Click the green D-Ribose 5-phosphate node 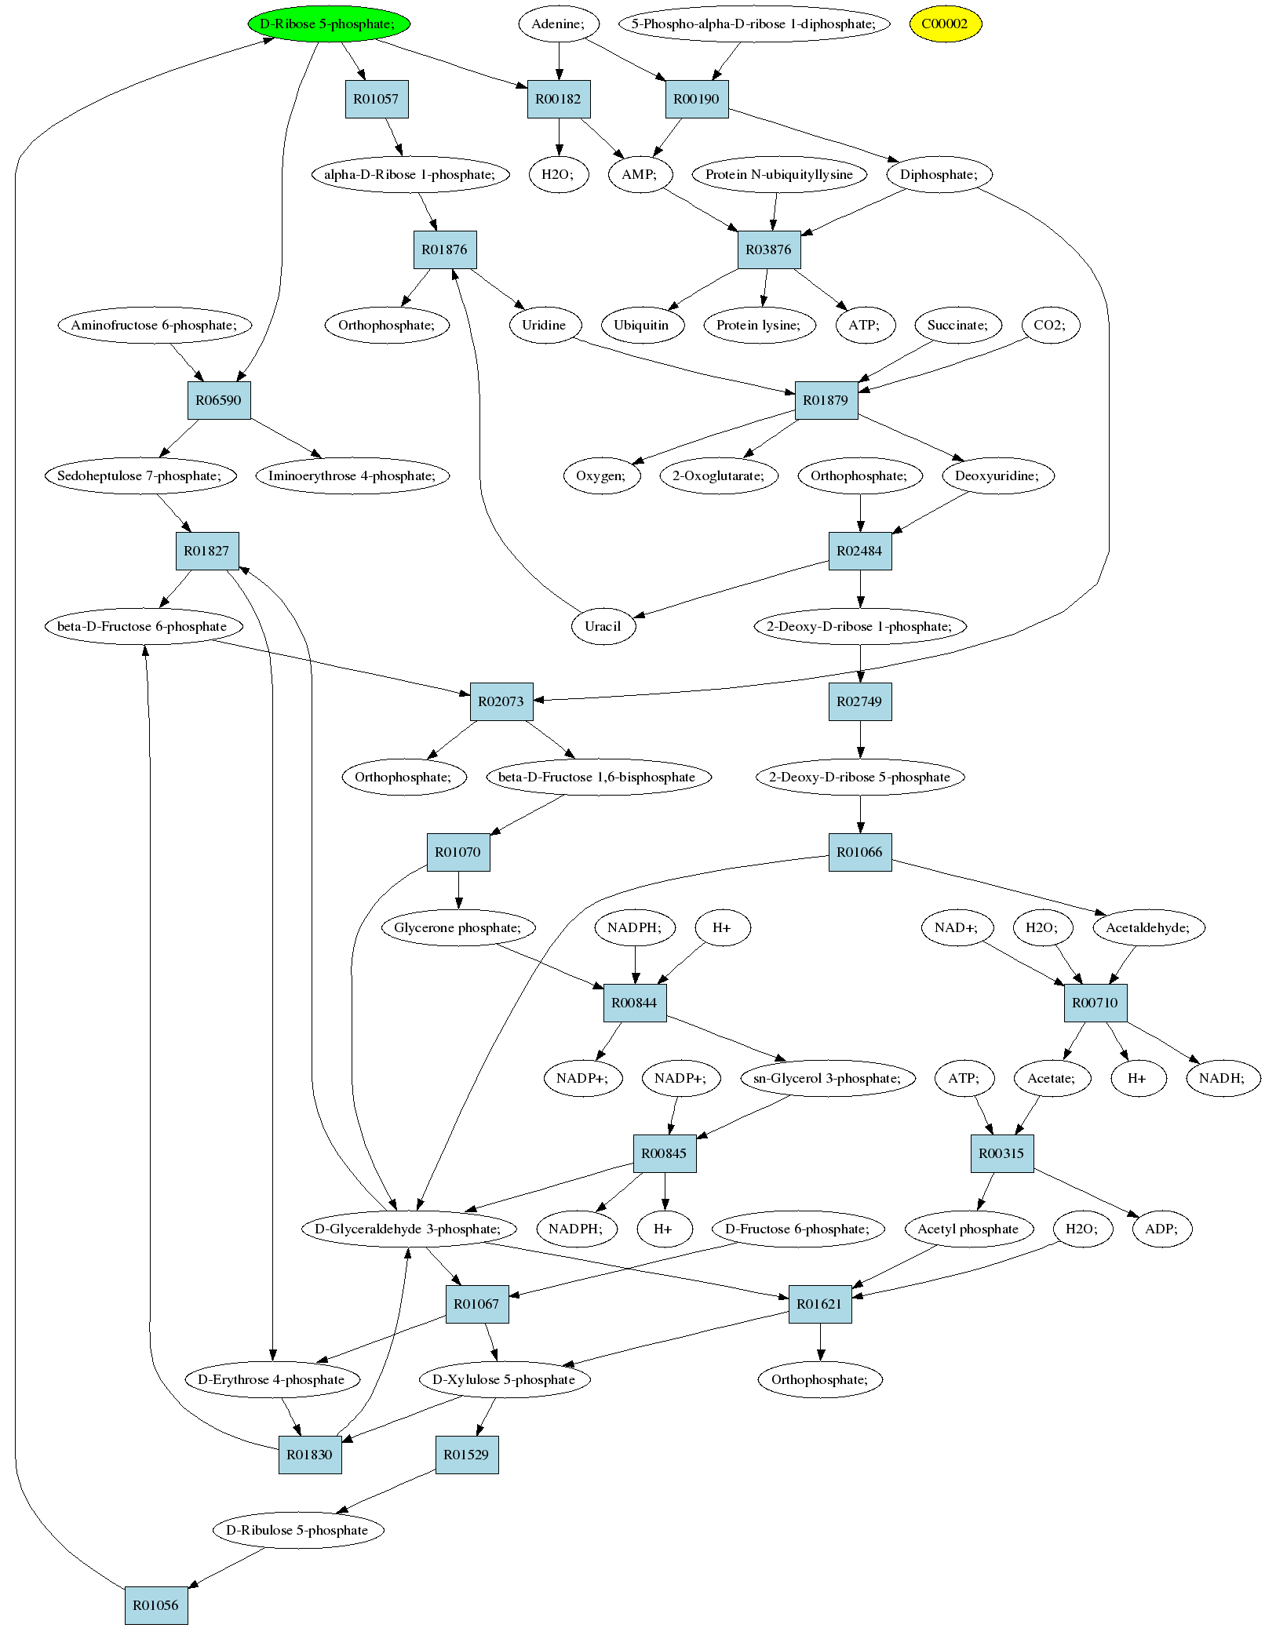tap(329, 24)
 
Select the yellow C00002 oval tap(945, 24)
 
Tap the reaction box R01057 tap(377, 99)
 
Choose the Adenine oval tap(559, 24)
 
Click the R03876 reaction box tap(769, 249)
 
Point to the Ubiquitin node tap(642, 325)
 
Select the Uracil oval tap(603, 626)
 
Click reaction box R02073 tap(501, 701)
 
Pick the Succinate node tap(958, 325)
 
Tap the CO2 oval tap(1050, 325)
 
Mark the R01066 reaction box tap(860, 852)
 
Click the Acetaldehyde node tap(1148, 927)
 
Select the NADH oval tap(1222, 1078)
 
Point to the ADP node tap(1162, 1229)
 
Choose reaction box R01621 tap(820, 1304)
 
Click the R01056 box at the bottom tap(156, 1605)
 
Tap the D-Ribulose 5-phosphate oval tap(298, 1530)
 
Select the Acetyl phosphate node tap(968, 1229)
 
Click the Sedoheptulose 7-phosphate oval tap(140, 475)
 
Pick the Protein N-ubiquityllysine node tap(779, 174)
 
